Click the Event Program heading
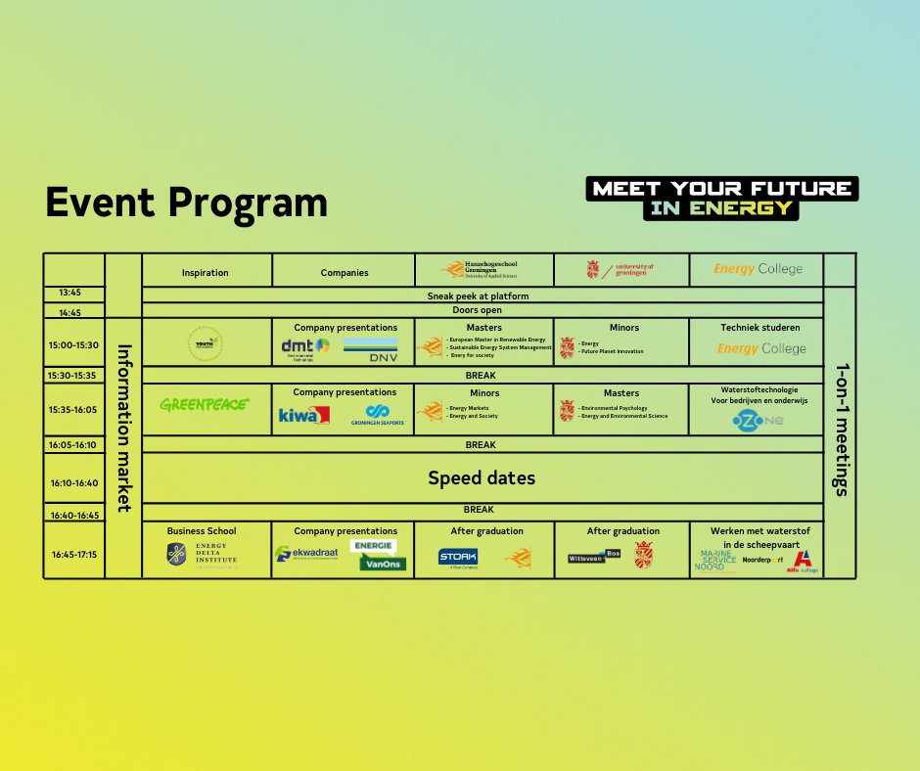(186, 203)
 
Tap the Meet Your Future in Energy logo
(721, 198)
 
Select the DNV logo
(370, 349)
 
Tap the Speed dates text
(482, 478)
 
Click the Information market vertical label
(123, 427)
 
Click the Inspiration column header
(206, 272)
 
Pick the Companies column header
(345, 272)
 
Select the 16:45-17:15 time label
(73, 555)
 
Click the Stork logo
(458, 558)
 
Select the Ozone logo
(758, 421)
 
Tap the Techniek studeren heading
(759, 328)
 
